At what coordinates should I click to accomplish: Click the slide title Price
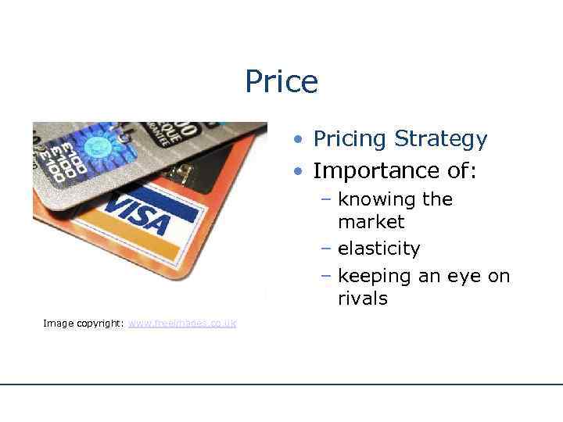coord(281,81)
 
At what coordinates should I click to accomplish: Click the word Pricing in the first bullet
coord(350,140)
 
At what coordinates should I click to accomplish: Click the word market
coord(371,222)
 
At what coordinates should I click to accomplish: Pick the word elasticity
coord(378,249)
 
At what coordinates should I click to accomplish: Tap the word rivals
coord(363,299)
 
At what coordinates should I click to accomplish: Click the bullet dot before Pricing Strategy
coord(299,141)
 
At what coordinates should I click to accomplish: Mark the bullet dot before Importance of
coord(299,171)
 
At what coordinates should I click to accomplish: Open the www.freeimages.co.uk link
coord(182,324)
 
